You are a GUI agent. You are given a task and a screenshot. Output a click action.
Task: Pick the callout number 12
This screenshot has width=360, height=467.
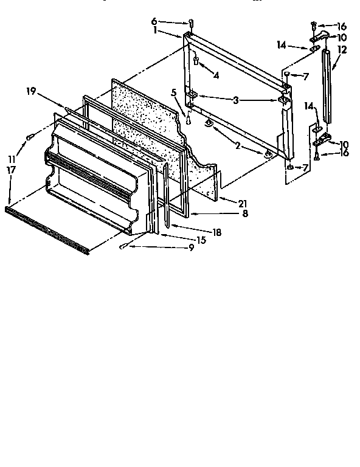coord(342,51)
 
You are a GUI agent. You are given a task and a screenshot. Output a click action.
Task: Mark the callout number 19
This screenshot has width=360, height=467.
coord(30,91)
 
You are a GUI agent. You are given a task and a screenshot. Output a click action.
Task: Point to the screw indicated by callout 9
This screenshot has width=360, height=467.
coord(123,246)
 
